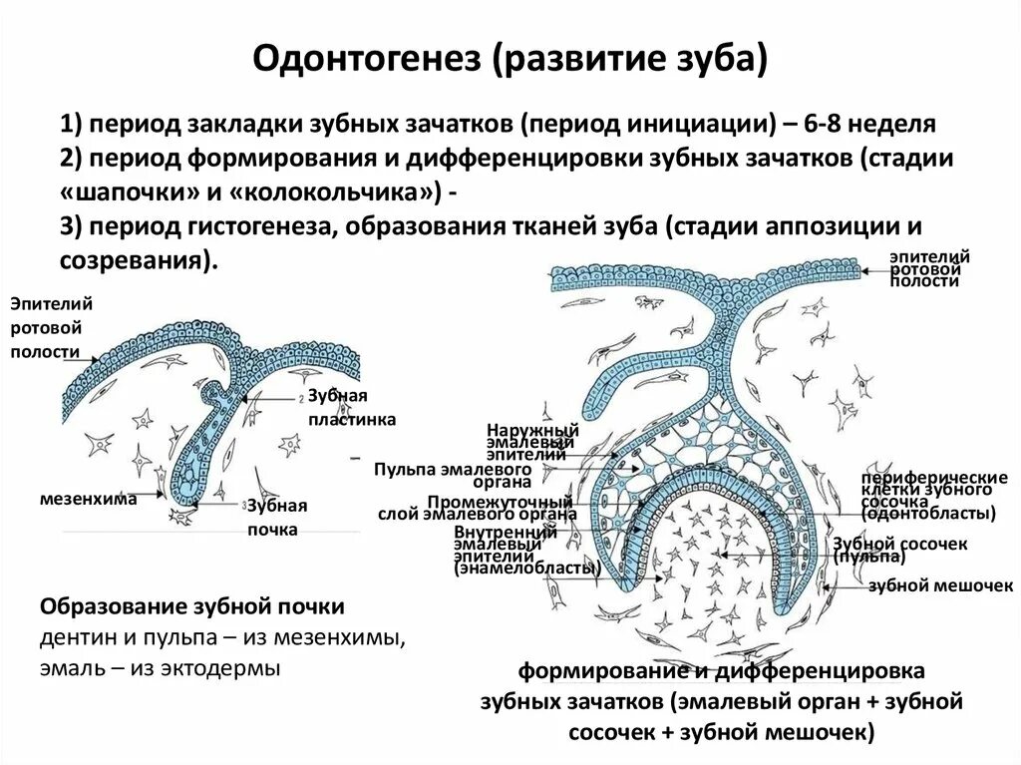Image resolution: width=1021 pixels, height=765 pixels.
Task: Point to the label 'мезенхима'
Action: [x=88, y=497]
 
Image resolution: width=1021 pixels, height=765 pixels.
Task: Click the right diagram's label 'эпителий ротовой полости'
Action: [x=929, y=269]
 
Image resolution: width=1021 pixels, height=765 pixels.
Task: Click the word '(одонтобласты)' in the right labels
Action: [x=929, y=515]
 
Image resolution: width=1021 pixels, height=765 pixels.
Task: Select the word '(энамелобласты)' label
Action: [x=526, y=570]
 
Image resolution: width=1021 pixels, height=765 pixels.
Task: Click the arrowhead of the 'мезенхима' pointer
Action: [x=162, y=494]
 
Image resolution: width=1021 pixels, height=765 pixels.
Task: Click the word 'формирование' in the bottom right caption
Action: [x=590, y=670]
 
